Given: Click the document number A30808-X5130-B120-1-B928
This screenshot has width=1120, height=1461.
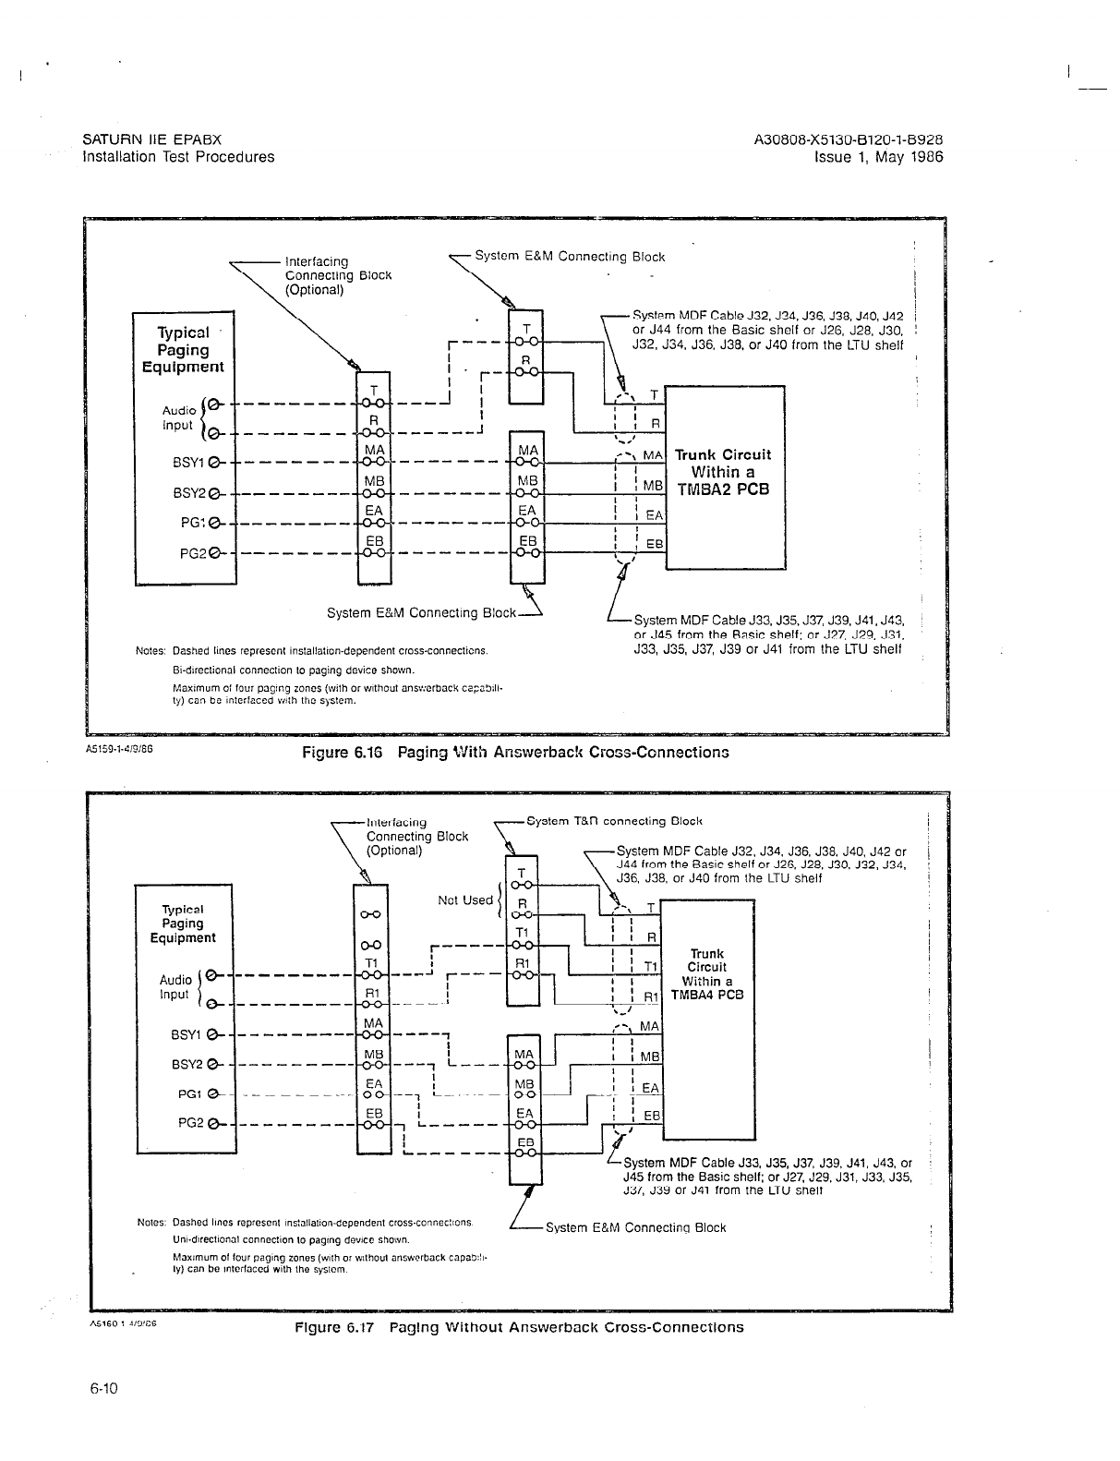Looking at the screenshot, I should click(849, 140).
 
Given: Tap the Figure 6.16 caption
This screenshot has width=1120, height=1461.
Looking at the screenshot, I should click(516, 752).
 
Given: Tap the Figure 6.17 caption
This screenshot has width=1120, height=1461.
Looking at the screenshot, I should click(518, 1327).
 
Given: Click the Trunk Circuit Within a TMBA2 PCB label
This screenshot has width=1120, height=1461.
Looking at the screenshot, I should click(722, 472).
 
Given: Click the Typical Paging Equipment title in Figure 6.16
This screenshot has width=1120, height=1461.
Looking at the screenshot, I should click(184, 350).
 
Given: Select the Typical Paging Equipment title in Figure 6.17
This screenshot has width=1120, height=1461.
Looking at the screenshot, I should click(183, 924).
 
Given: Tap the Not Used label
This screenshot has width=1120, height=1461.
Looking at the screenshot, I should click(466, 900).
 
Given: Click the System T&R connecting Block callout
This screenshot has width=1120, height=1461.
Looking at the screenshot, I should click(614, 820).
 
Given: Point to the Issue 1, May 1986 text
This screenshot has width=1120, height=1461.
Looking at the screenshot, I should click(878, 157).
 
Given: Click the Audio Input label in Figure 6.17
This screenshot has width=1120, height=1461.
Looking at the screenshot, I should click(175, 987).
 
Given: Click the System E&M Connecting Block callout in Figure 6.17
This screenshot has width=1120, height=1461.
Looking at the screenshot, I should click(635, 1227).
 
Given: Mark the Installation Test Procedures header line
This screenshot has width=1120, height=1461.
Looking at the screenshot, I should click(178, 157).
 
